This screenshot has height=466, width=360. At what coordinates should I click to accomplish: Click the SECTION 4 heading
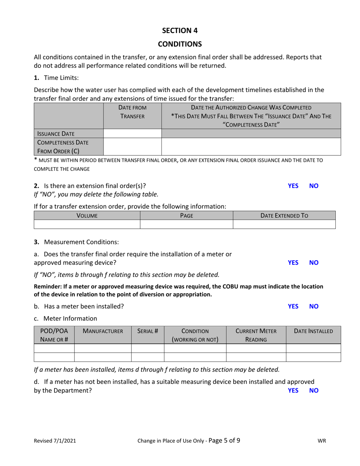pos(180,31)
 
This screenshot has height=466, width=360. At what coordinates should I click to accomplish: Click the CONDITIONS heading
pos(180,44)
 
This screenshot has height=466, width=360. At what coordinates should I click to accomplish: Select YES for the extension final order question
pos(293,186)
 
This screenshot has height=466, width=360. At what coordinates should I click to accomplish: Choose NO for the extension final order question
pos(314,186)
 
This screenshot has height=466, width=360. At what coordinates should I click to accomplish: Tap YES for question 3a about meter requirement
pos(293,262)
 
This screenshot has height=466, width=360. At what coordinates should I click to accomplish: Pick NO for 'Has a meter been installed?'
pos(314,306)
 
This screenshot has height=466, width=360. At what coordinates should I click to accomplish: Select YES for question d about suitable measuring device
pos(293,390)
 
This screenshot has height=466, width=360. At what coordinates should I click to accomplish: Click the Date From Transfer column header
pos(132,112)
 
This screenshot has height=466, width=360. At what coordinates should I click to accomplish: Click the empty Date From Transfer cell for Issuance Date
pos(132,133)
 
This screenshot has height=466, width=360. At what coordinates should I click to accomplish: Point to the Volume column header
pos(87,216)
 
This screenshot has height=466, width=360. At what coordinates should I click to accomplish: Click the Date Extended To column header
pos(284,216)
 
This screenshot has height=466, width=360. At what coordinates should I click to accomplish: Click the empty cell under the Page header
pos(186,224)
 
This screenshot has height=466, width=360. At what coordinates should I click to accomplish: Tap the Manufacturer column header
pos(103,331)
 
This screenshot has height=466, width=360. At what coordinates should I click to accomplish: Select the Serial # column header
pos(147,331)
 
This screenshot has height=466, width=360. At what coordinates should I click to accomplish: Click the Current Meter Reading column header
pos(256,335)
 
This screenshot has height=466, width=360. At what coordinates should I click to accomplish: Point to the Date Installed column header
pos(313,331)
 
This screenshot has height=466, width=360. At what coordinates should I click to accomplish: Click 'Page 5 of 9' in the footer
pos(224,440)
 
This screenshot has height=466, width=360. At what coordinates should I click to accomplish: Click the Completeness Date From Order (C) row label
pos(63,147)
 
